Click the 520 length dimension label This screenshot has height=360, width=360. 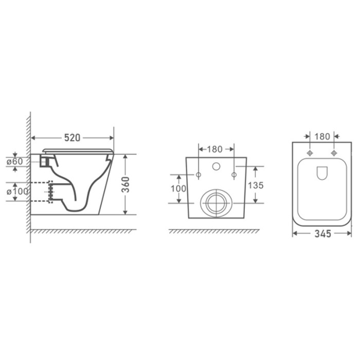[72, 138]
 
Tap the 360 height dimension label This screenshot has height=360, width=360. [125, 185]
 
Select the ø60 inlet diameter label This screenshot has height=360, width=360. [15, 161]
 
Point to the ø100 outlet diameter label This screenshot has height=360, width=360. [17, 191]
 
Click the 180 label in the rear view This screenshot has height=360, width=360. [214, 150]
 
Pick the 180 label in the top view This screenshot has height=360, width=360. [322, 137]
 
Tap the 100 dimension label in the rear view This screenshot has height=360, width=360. [178, 189]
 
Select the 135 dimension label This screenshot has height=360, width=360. [256, 185]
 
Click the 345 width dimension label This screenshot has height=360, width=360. [322, 233]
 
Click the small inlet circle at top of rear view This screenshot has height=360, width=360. [216, 166]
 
